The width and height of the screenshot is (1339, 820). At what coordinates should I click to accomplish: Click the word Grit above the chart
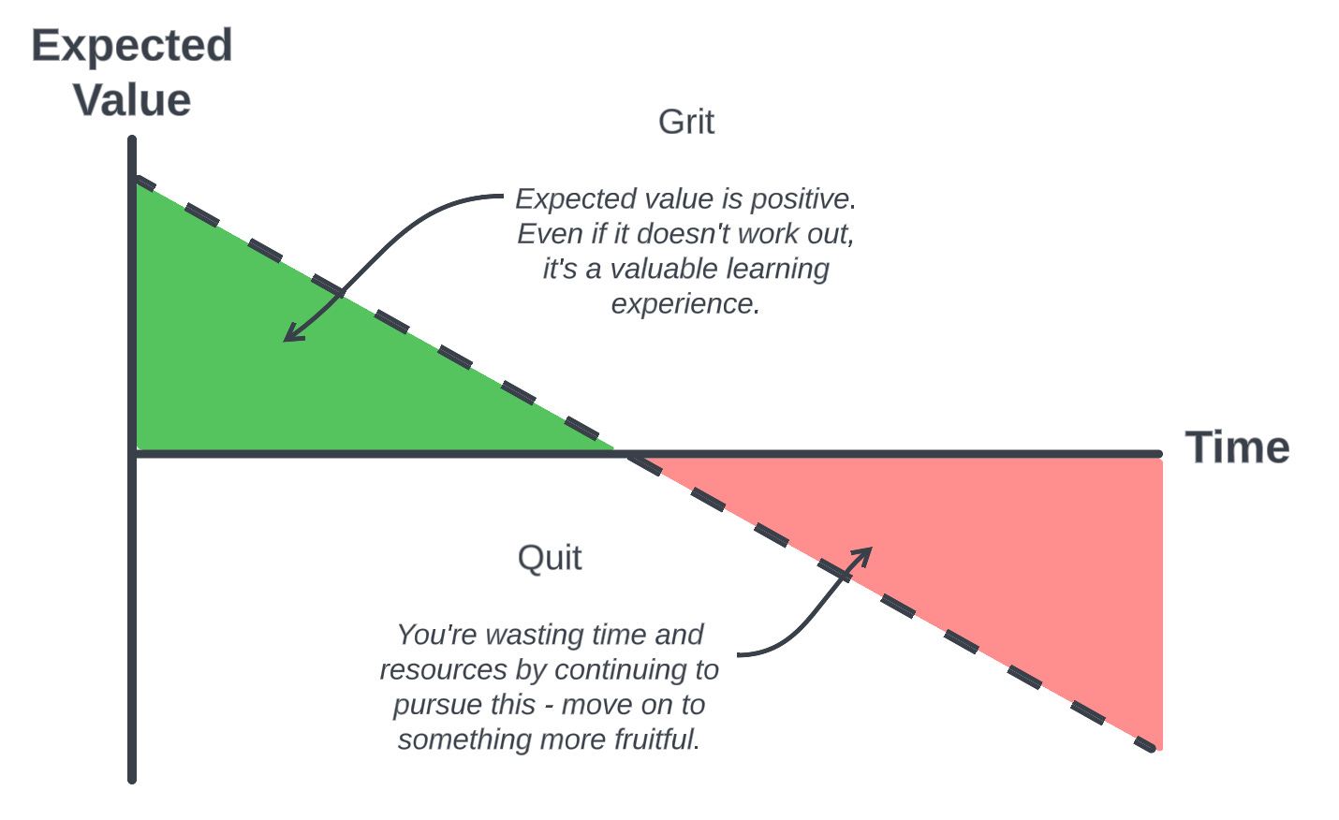point(686,122)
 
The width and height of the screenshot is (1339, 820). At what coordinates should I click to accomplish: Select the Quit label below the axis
point(550,558)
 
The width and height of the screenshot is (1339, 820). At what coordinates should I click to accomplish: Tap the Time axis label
point(1237,447)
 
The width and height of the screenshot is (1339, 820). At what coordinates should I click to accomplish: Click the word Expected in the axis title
point(132,46)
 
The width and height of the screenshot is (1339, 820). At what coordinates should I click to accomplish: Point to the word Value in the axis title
point(132,100)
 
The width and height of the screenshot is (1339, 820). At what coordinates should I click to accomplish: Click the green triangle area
point(281,374)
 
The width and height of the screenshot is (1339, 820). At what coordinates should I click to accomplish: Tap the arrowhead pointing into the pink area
point(867,551)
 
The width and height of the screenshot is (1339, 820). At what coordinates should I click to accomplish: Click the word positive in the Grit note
point(800,199)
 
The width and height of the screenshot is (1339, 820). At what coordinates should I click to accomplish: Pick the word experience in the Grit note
point(684,304)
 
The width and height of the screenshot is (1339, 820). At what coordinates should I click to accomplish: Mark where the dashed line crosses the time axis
point(621,453)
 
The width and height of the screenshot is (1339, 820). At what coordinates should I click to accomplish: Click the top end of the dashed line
point(138,178)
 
